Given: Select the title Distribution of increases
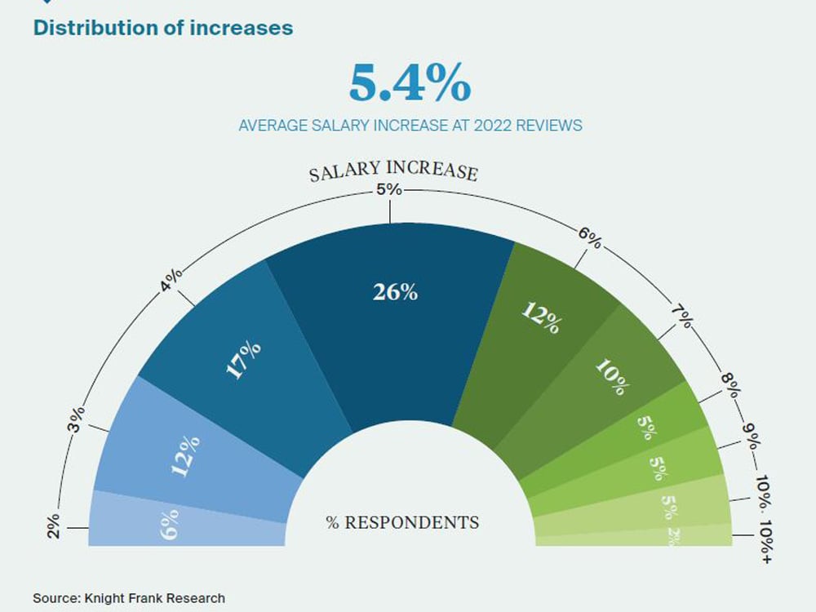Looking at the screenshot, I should (162, 27).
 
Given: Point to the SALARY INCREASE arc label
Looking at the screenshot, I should (392, 172).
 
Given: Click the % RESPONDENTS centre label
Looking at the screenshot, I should (402, 522).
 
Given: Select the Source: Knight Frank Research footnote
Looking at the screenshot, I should (128, 598).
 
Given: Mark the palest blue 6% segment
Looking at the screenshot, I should (170, 521).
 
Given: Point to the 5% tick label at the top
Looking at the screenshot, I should (389, 189).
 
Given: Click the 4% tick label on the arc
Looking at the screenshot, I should (171, 281).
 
